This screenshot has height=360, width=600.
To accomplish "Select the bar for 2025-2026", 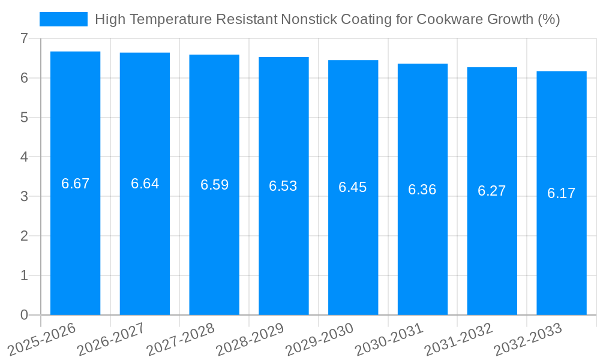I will (x=75, y=240).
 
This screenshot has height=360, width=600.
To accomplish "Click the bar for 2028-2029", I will (x=283, y=240).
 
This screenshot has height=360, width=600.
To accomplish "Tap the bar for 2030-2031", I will (x=422, y=240).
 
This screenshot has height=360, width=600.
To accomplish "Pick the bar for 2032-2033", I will (x=561, y=240).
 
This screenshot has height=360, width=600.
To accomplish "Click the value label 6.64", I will (x=145, y=184).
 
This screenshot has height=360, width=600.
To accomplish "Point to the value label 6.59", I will (x=214, y=185).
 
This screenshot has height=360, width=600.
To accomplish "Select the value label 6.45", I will (x=353, y=187).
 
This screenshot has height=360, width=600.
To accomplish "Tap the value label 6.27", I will (x=491, y=191).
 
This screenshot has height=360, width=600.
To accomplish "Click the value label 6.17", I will (x=561, y=193).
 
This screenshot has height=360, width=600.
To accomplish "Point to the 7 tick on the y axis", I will (x=24, y=38).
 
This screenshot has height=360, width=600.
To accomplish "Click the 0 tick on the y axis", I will (x=24, y=315).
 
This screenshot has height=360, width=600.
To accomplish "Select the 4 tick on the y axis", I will (x=24, y=157).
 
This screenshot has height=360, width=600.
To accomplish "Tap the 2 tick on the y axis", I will (x=24, y=236).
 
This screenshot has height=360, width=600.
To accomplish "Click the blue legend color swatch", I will (x=63, y=19).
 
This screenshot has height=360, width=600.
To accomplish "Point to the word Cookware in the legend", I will (x=443, y=19).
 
